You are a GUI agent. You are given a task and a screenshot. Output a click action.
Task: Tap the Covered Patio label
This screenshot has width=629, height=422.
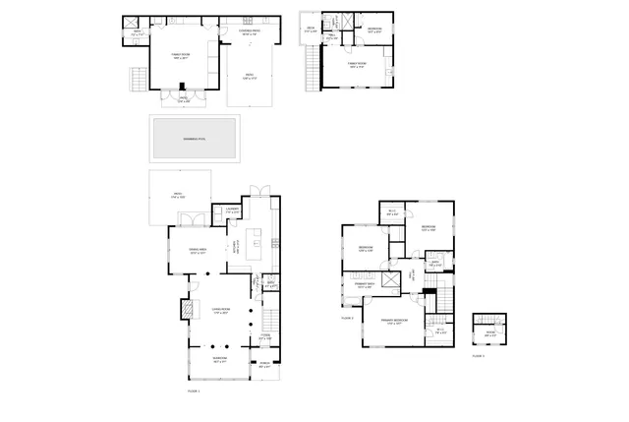250,32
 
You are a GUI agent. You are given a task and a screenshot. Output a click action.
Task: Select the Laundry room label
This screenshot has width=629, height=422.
233,210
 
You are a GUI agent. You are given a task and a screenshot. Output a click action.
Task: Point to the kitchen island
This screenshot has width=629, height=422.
257,240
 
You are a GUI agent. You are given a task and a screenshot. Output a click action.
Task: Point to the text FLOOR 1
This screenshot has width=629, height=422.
194,391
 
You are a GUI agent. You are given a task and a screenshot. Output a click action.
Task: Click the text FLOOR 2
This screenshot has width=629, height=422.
347,318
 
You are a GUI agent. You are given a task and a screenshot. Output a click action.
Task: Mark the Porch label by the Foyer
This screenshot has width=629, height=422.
263,367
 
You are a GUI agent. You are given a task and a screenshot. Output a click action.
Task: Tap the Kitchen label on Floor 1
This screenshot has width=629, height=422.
235,248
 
